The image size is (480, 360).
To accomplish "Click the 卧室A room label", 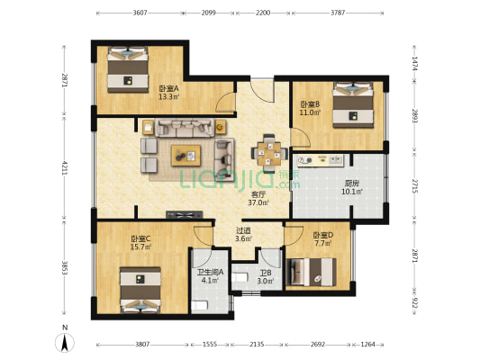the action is tap(168, 89).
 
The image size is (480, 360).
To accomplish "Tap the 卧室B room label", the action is tap(310, 104).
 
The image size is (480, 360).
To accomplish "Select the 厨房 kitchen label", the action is tap(352, 184).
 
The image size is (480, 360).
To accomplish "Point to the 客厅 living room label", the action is tap(258, 194).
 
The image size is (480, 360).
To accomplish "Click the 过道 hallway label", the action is tap(244, 230).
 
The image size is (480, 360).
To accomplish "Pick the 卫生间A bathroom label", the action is tap(210, 272).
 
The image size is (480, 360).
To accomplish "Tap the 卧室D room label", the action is tap(323, 235).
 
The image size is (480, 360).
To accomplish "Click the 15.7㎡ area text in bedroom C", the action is tap(141, 247).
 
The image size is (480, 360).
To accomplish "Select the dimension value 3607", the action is tap(140, 13).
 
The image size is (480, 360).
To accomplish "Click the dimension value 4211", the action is tap(65, 167).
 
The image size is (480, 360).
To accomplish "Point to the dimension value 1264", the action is tap(367, 345).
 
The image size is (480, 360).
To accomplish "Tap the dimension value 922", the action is tap(414, 302).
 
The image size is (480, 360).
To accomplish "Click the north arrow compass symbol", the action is tap(65, 342).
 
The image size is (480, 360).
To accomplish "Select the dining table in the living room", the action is tap(269, 153).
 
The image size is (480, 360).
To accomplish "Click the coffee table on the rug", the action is tap(186, 156).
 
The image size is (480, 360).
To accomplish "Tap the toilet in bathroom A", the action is tap(200, 305).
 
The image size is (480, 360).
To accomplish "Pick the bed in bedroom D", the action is tap(311, 272).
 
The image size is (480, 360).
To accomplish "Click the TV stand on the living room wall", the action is tap(185, 215).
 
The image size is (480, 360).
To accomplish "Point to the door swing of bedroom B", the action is tap(301, 138).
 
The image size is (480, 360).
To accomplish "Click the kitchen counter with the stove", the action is tap(321, 160).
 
